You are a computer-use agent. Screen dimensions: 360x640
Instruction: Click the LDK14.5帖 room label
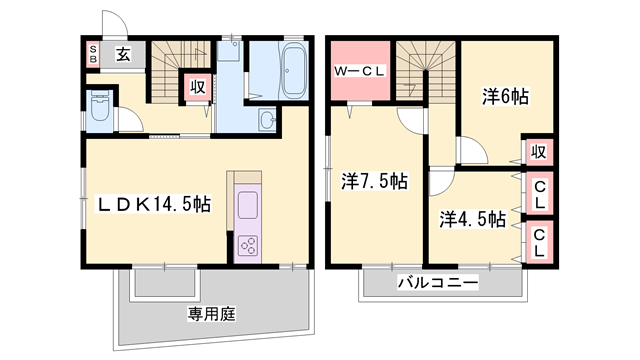153,205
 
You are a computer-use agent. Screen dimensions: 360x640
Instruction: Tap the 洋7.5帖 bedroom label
373,182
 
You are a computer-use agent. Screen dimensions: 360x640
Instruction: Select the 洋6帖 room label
505,97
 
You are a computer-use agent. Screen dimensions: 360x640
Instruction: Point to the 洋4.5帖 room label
472,218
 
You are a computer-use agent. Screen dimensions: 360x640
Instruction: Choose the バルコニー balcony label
437,283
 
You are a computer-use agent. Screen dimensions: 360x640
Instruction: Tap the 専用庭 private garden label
210,314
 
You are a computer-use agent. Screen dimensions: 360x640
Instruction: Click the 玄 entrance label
122,54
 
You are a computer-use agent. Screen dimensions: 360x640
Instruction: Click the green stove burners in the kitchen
247,245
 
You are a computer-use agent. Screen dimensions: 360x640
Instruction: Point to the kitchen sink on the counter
247,206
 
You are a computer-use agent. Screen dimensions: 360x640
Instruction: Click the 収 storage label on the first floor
197,87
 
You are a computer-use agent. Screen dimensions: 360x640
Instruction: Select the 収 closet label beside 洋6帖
538,152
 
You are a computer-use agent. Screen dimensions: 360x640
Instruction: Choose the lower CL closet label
538,243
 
